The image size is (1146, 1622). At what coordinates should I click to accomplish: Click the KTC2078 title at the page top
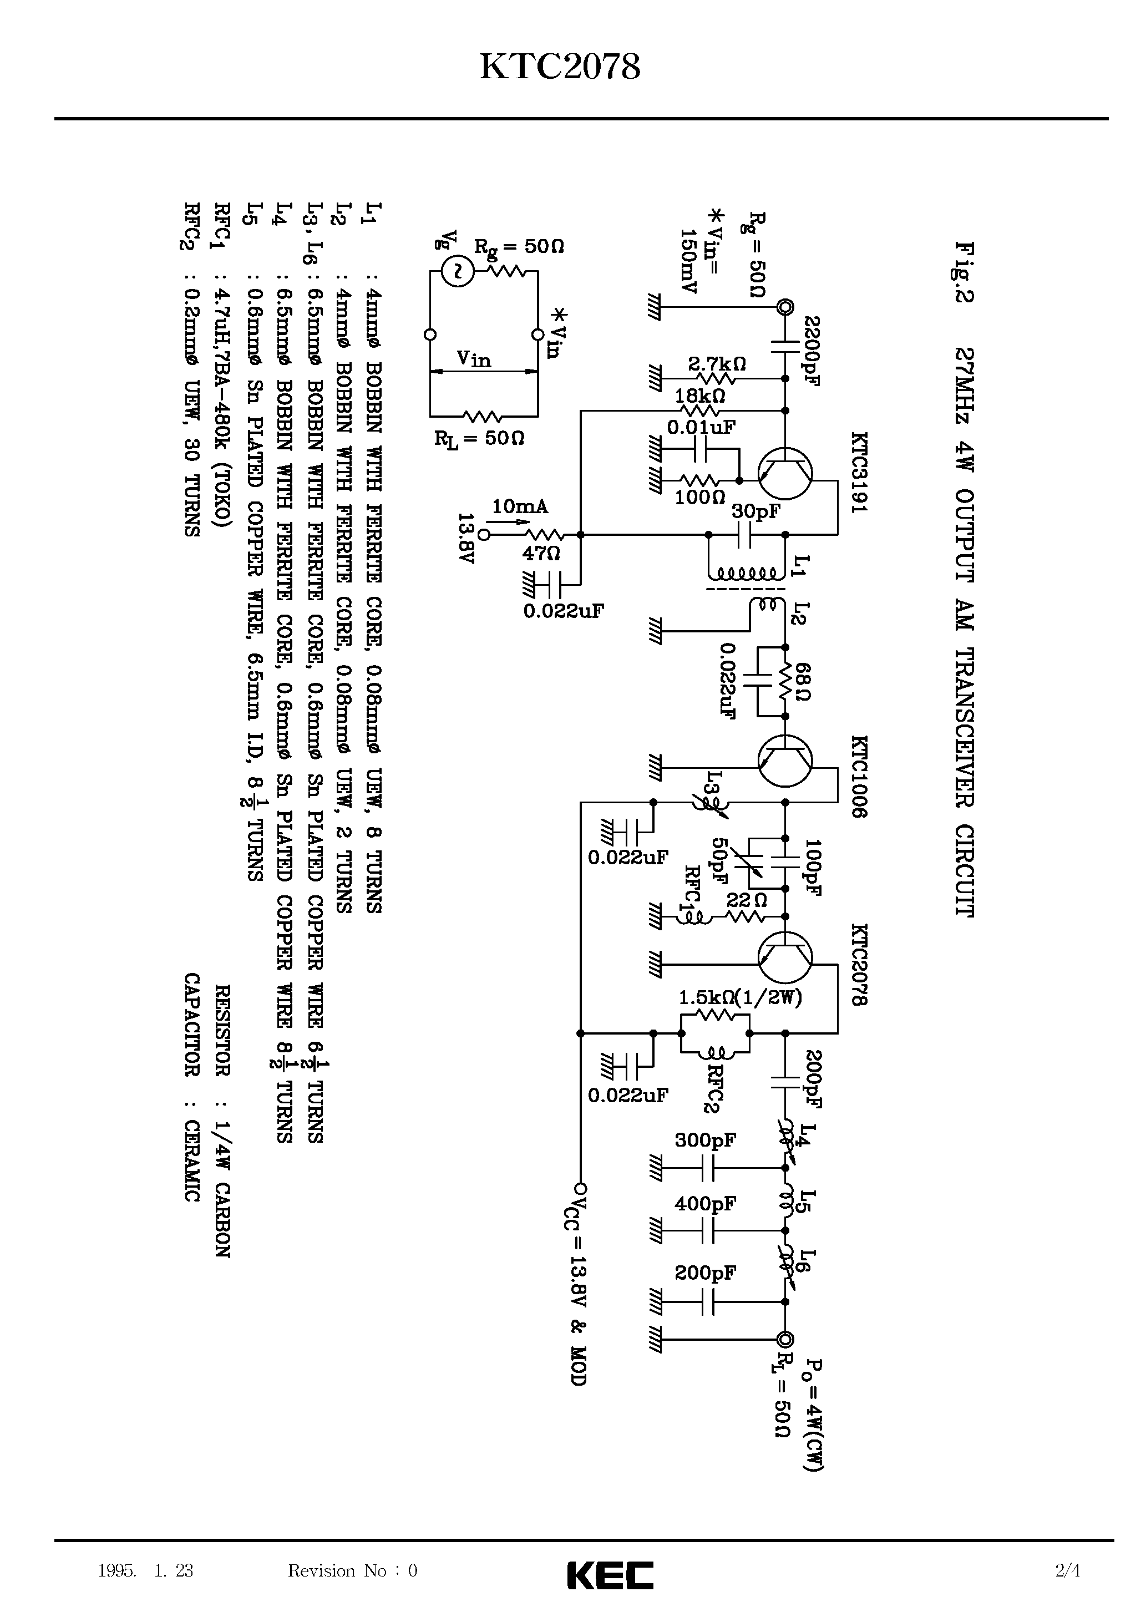(x=560, y=68)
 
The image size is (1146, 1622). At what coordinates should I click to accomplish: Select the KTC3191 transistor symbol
(x=784, y=473)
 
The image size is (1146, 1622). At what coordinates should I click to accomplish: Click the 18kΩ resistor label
(x=700, y=395)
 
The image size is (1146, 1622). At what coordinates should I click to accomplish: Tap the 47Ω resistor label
(x=540, y=553)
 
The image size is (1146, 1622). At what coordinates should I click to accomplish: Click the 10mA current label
(x=519, y=506)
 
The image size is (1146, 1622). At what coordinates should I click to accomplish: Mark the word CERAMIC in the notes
(x=191, y=1160)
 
